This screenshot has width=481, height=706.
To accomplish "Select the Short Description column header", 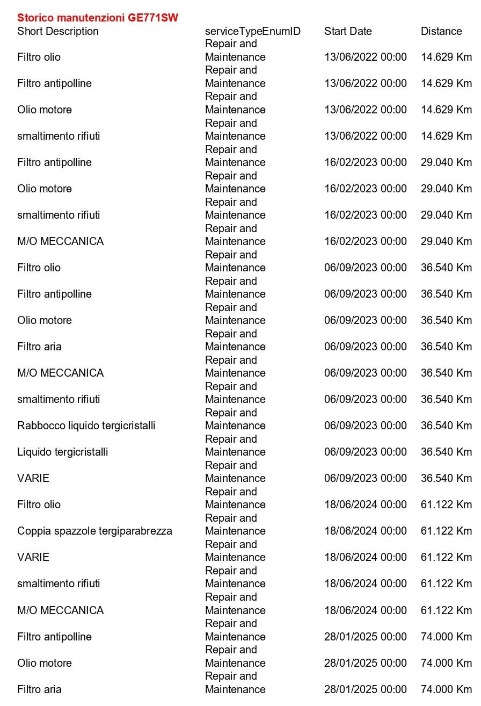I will tap(58, 31).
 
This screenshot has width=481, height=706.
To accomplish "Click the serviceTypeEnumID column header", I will tap(253, 31).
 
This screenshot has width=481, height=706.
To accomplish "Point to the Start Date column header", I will tap(348, 31).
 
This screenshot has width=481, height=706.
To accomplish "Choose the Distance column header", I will tap(441, 31).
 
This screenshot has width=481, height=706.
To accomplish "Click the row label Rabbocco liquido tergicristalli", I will tap(86, 426).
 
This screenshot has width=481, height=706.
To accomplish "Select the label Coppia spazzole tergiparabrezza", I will tap(94, 531).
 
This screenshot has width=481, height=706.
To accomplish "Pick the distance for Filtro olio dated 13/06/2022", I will tap(446, 57).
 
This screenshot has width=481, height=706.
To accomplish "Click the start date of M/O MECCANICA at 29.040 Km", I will tap(365, 241).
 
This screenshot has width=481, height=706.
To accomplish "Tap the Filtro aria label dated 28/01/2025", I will tap(39, 689).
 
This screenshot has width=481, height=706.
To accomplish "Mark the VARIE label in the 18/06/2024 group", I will tap(33, 557).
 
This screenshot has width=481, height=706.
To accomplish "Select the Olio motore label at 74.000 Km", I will tap(45, 663).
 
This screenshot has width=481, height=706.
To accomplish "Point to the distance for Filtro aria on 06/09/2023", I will tap(446, 347).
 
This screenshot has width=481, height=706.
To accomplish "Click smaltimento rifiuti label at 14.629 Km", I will tap(59, 136).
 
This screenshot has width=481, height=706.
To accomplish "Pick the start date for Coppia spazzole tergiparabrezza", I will tap(365, 531).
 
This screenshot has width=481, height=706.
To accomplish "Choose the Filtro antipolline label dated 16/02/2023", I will tap(54, 162).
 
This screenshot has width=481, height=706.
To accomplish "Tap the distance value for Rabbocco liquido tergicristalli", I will tap(446, 426).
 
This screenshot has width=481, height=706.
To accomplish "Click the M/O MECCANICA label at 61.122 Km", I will tap(60, 610).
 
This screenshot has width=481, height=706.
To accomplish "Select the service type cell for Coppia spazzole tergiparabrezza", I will tap(235, 525).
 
